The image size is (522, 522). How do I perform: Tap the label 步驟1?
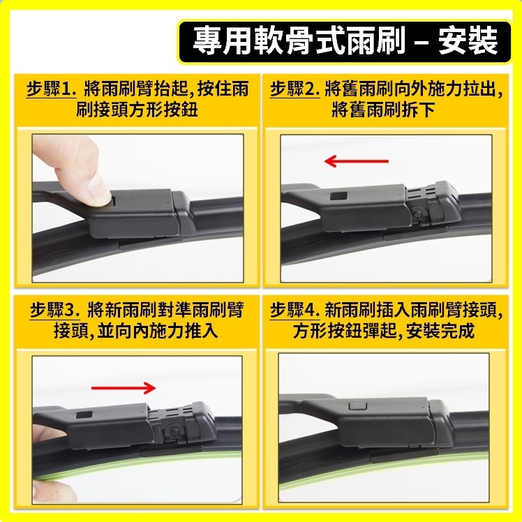[x=50, y=90]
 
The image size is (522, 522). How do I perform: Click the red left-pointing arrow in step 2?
[x=356, y=162]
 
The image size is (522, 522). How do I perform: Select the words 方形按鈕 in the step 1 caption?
[x=158, y=111]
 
